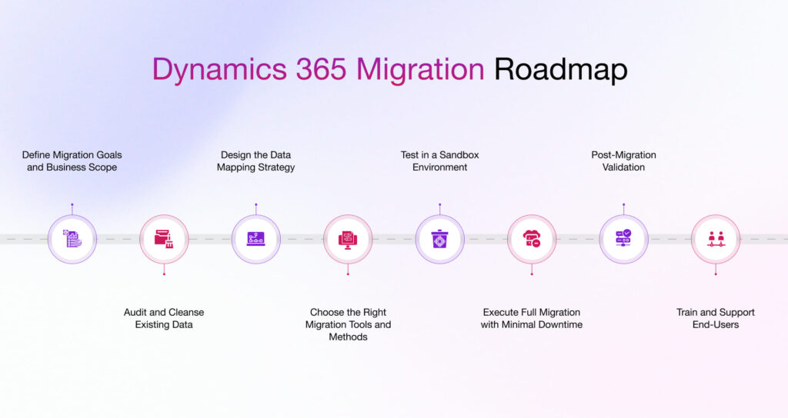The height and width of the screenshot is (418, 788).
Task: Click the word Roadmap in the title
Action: click(x=560, y=69)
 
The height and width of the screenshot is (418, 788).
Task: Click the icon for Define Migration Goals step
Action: click(x=72, y=239)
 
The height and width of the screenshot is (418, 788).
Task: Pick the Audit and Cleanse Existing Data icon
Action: click(x=164, y=239)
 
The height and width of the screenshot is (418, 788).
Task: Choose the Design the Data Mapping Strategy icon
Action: click(x=255, y=239)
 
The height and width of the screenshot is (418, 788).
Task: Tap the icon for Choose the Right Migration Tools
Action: click(x=348, y=239)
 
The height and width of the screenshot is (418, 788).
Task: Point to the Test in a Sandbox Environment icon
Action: click(x=439, y=239)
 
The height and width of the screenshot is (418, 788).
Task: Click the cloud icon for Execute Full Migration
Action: click(x=532, y=239)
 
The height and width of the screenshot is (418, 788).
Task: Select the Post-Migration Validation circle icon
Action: click(x=623, y=239)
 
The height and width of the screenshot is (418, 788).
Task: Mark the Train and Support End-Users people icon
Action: click(x=716, y=239)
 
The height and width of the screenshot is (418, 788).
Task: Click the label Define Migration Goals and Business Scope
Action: click(x=72, y=161)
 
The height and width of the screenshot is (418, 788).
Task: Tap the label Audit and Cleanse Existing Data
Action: click(x=164, y=318)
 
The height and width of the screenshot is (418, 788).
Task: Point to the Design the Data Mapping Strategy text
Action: click(x=255, y=161)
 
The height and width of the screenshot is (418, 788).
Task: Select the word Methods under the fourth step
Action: click(x=348, y=337)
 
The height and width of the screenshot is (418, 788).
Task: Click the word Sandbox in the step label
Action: click(x=459, y=154)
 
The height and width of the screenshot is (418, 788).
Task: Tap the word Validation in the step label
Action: click(x=623, y=167)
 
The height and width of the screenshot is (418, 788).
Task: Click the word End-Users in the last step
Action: click(x=716, y=324)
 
